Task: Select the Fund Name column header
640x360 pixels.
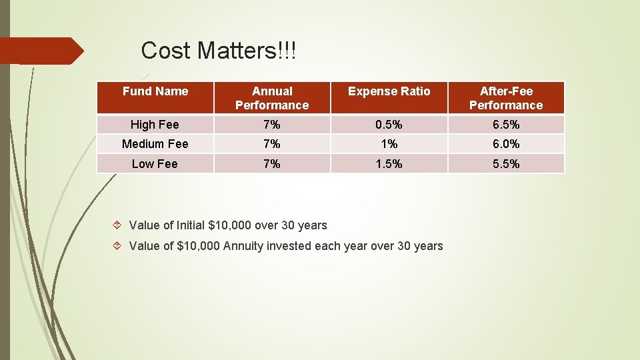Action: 155,91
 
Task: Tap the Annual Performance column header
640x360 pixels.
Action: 272,98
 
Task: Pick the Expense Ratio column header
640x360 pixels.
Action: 389,91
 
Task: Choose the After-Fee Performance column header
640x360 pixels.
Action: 506,98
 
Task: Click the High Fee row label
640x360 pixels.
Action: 155,125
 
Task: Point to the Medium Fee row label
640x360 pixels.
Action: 155,144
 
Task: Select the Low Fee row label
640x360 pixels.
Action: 155,164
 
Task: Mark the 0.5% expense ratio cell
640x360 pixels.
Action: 389,125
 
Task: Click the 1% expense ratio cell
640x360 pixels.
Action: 389,144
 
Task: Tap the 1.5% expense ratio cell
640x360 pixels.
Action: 389,164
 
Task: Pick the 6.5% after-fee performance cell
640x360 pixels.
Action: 506,125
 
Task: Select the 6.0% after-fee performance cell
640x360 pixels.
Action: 506,144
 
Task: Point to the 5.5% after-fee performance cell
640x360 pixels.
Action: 506,164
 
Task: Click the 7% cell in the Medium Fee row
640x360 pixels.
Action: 272,144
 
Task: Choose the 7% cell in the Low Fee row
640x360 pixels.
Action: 272,164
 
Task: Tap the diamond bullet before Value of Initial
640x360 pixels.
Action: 117,225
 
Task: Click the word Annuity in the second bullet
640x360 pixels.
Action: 243,246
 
